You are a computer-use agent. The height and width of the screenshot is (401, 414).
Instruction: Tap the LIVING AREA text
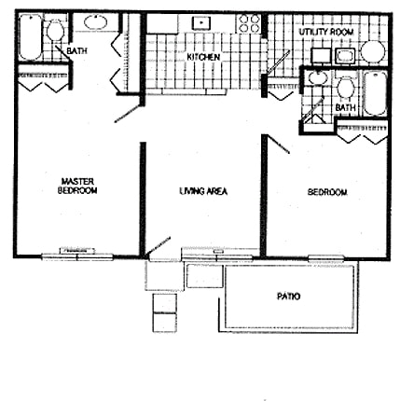pyautogui.click(x=203, y=192)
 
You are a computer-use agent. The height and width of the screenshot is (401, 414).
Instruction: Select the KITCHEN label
pyautogui.click(x=203, y=58)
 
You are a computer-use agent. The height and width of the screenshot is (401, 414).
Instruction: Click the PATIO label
pyautogui.click(x=288, y=297)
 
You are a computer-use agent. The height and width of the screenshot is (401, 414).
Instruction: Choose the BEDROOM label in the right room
pyautogui.click(x=327, y=192)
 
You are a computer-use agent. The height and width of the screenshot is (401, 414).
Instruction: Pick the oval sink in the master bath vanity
pyautogui.click(x=95, y=23)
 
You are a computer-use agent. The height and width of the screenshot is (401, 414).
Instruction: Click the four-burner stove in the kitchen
pyautogui.click(x=250, y=23)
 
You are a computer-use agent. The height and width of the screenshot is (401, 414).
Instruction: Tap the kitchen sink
pyautogui.click(x=200, y=23)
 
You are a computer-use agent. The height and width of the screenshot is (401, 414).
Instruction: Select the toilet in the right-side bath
pyautogui.click(x=346, y=90)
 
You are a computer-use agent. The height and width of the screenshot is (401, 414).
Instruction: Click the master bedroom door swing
pyautogui.click(x=127, y=113)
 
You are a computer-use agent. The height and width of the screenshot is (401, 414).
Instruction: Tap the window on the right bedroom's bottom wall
pyautogui.click(x=324, y=256)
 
